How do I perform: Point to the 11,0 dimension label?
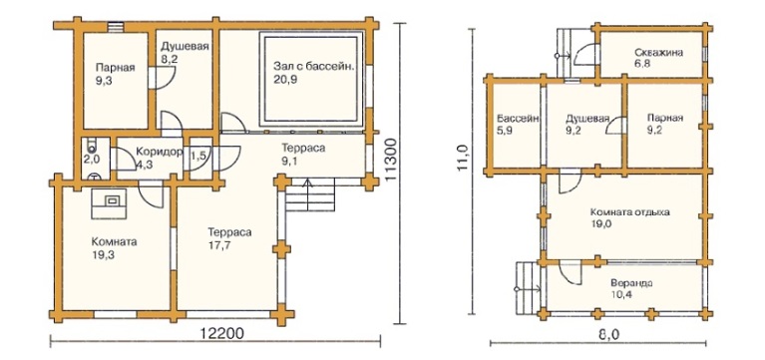pyautogui.click(x=463, y=158)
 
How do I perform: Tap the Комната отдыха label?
pyautogui.click(x=629, y=212)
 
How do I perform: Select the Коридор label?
pyautogui.click(x=159, y=151)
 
